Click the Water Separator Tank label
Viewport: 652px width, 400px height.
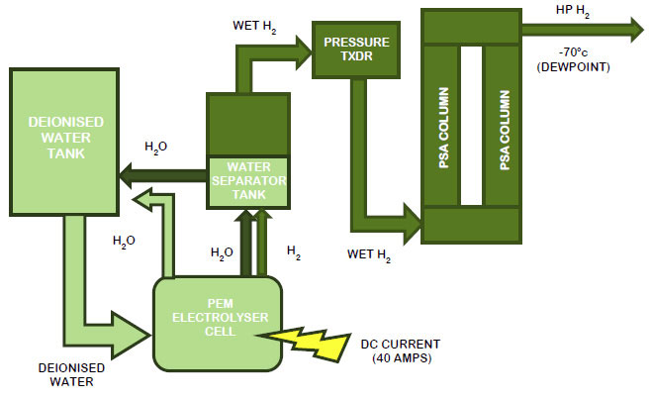248,180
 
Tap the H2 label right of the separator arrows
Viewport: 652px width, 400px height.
294,251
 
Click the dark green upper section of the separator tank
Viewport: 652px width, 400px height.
248,125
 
